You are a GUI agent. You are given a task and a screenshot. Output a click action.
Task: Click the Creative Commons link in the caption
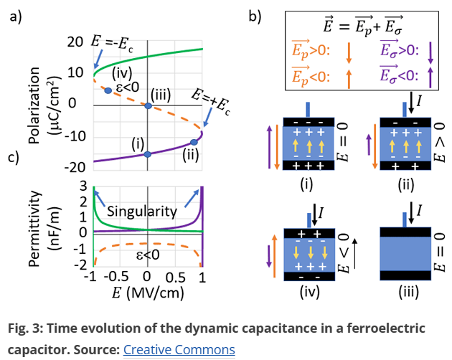(x=179, y=350)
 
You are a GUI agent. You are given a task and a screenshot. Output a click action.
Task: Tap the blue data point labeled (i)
(x=147, y=154)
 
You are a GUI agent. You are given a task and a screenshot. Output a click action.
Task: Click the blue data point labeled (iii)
(x=147, y=106)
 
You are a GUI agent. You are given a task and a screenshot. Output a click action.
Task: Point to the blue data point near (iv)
(x=108, y=90)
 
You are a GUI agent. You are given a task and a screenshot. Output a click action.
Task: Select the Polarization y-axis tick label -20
(x=73, y=166)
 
